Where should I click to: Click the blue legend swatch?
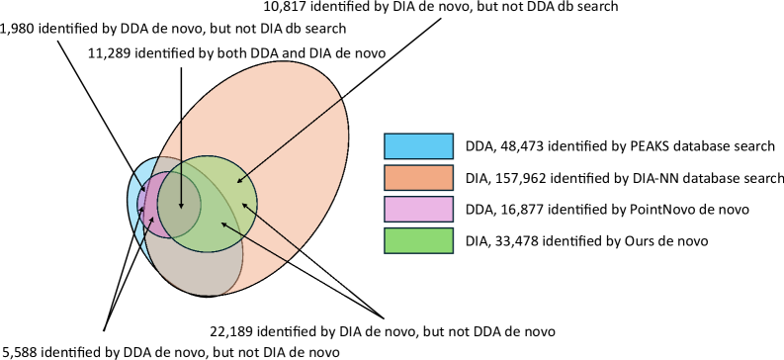(418, 146)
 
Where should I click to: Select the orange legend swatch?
(418, 178)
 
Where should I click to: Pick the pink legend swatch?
(418, 209)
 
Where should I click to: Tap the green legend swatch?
(418, 240)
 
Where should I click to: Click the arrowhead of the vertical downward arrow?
(181, 208)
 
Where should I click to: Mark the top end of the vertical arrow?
(181, 68)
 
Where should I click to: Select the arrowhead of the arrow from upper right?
(237, 182)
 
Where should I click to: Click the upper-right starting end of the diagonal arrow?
(349, 92)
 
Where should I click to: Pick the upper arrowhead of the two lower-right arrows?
(242, 204)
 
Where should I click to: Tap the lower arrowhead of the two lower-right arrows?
(221, 223)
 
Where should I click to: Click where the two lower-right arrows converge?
(349, 295)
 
